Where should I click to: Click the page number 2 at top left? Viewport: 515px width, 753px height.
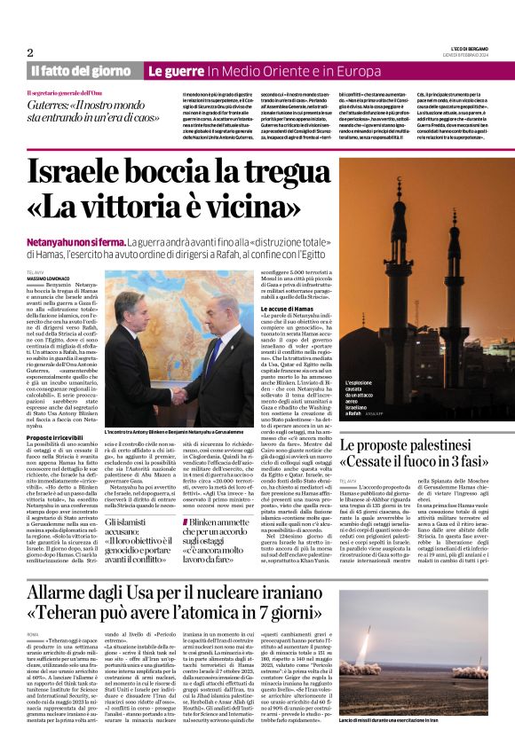(x=30, y=52)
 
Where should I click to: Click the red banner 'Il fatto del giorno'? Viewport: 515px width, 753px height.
(x=80, y=71)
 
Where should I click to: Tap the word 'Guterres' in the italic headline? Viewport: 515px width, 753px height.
(x=53, y=106)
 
